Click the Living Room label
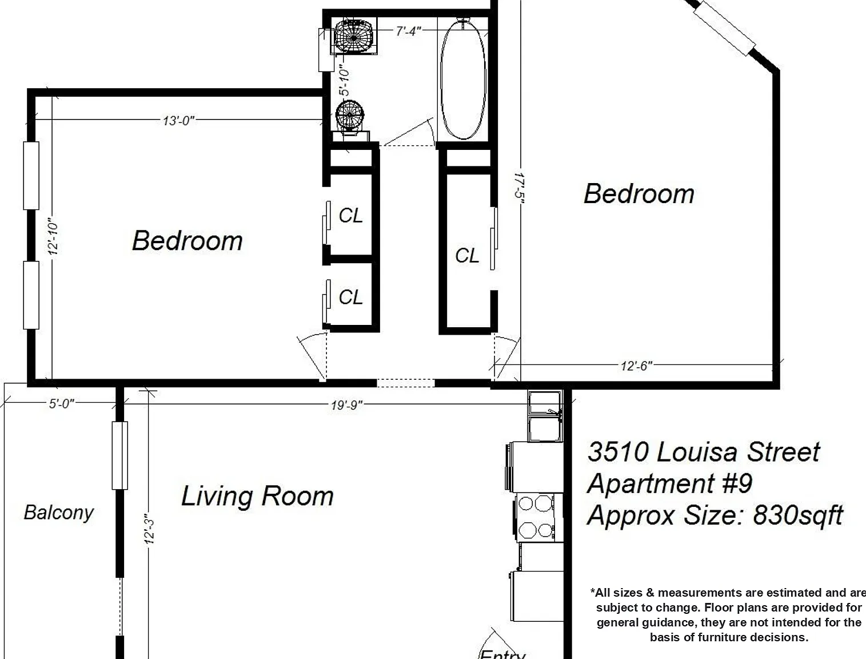[257, 497]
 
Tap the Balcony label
[59, 513]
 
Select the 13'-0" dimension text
[179, 121]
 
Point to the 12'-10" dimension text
[53, 236]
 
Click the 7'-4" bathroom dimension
[409, 31]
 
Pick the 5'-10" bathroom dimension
[344, 80]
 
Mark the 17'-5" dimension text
[519, 188]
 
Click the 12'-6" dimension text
[636, 366]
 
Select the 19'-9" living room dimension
[347, 405]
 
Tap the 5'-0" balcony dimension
[62, 403]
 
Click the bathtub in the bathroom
[463, 78]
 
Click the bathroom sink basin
[353, 36]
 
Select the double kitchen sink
[545, 416]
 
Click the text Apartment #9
[669, 484]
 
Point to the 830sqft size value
[798, 515]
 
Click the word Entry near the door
[502, 653]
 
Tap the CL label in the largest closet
[467, 256]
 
